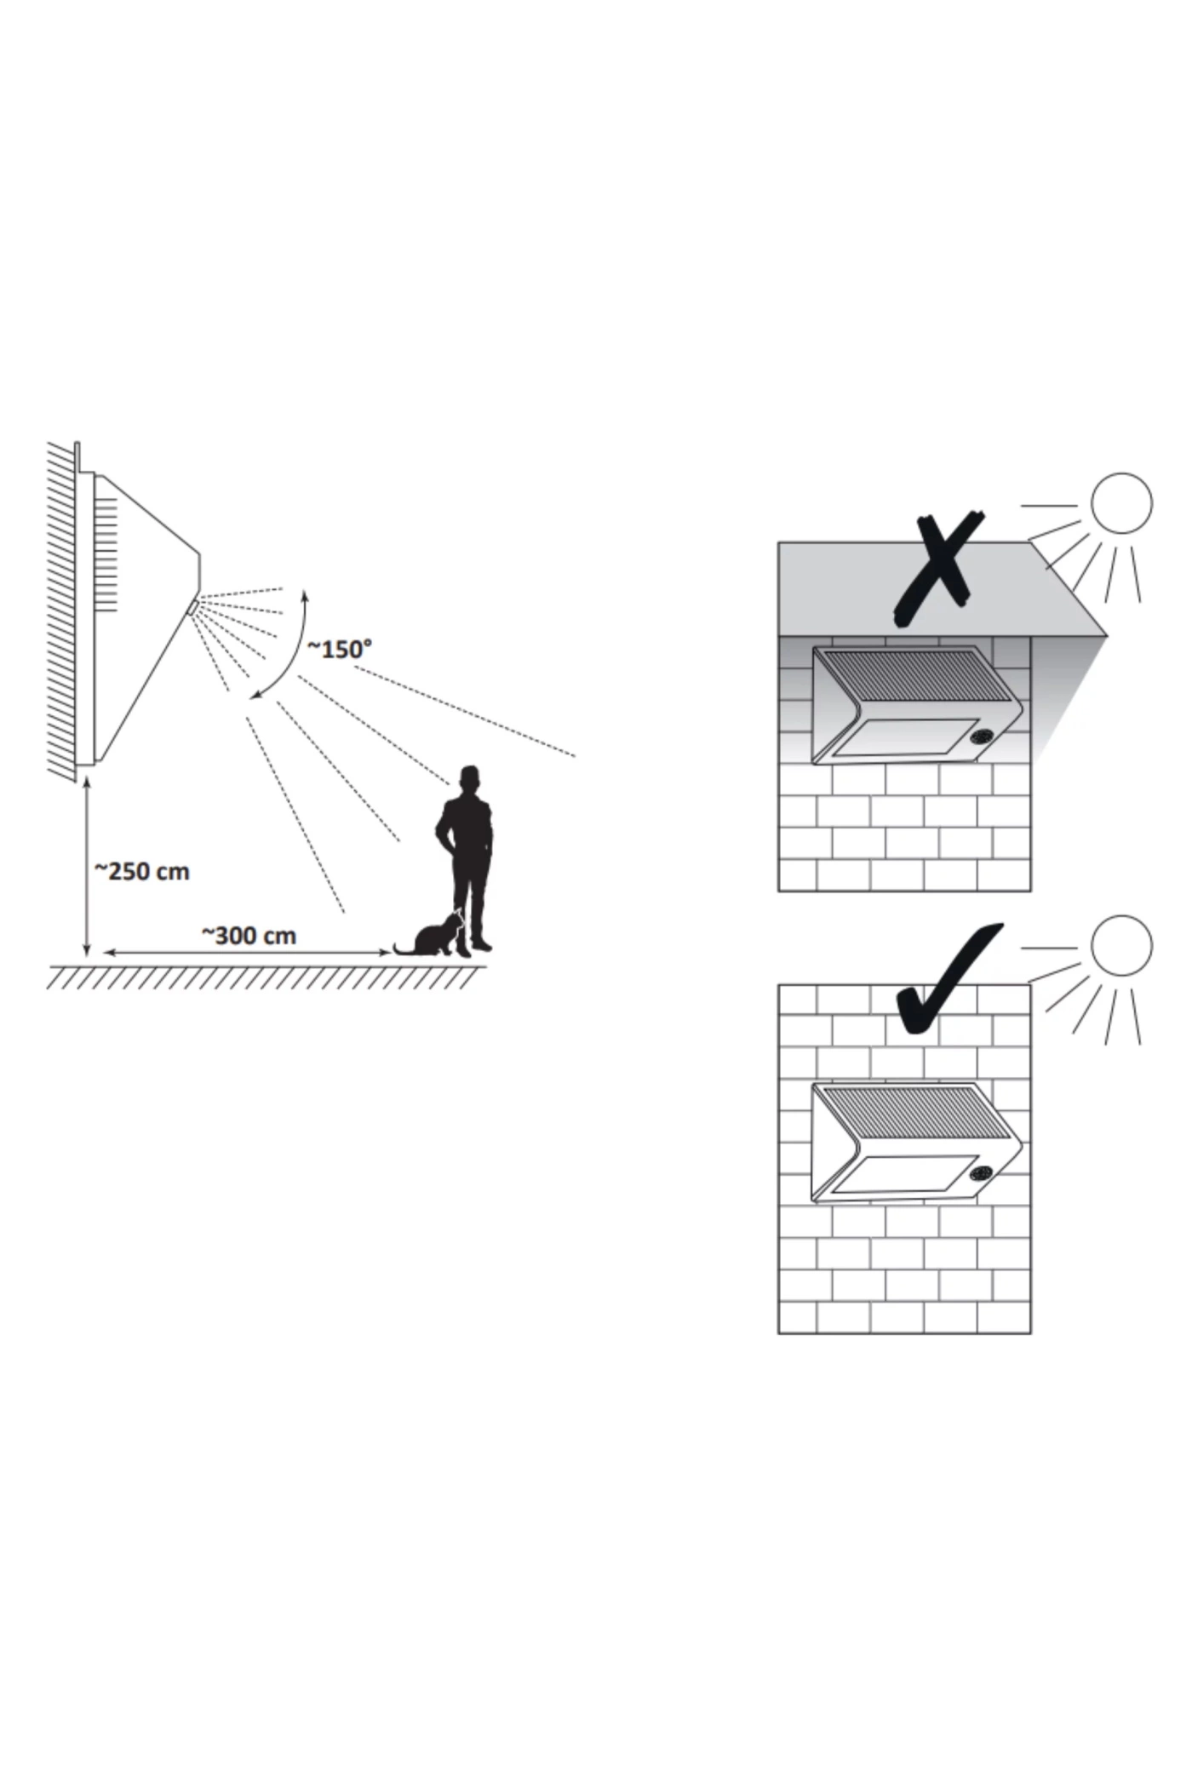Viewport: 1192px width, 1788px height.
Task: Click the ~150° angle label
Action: (339, 649)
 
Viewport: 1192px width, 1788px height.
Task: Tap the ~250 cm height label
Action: (141, 871)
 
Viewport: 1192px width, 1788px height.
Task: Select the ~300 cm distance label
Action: (249, 935)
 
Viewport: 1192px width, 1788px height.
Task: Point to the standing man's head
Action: (469, 777)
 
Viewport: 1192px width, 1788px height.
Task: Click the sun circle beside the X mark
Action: (1121, 503)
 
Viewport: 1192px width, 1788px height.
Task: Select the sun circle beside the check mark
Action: (1121, 946)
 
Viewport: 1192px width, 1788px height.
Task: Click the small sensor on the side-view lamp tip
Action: (192, 606)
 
